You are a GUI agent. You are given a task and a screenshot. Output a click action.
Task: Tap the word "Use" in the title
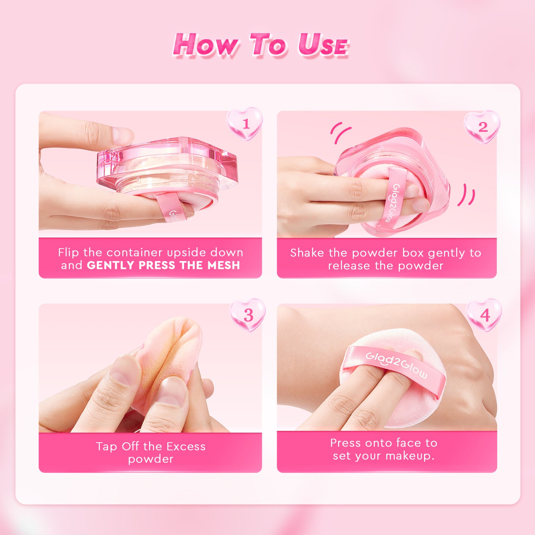tap(323, 45)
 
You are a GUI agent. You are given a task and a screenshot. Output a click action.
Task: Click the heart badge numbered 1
tap(245, 123)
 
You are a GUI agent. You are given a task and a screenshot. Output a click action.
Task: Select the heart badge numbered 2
tap(482, 127)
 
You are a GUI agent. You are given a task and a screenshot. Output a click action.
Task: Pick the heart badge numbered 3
tap(248, 315)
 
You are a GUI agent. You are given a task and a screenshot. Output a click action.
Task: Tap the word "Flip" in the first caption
tap(68, 253)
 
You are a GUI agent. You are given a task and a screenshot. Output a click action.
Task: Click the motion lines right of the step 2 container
tap(467, 195)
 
